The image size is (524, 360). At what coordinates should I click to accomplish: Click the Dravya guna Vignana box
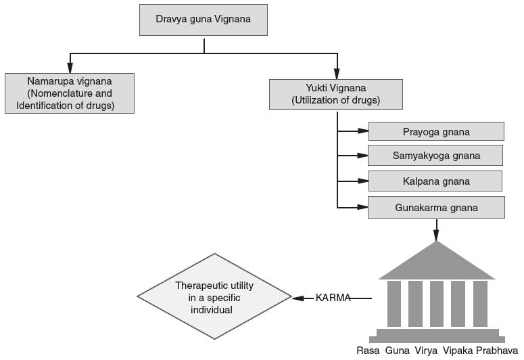pos(204,20)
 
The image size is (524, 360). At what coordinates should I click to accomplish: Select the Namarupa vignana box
pos(68,93)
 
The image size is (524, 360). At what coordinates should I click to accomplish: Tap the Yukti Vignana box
pos(335,93)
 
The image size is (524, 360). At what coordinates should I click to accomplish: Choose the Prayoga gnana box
pos(435,131)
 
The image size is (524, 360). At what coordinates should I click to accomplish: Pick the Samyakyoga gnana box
pos(435,155)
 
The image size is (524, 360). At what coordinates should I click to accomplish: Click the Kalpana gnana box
pos(435,181)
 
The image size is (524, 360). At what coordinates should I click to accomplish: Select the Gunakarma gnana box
pos(435,207)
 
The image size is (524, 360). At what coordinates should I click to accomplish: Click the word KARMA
pos(333,298)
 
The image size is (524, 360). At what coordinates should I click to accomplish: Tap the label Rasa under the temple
pos(368,351)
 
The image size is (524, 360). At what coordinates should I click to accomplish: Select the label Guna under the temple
pos(397,351)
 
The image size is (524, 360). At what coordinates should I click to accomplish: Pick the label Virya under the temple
pos(426,351)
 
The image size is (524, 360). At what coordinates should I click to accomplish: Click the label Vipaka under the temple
pos(458,351)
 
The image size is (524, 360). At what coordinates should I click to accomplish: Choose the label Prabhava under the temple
pos(497,351)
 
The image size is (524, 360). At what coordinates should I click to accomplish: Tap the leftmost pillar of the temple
pos(394,304)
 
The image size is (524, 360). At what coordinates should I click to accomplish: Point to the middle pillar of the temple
pos(437,304)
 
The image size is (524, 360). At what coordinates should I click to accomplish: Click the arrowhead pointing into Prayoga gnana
pos(363,131)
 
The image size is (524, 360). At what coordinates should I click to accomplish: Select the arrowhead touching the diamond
pos(296,298)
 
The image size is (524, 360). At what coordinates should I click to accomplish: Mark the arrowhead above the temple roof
pos(436,236)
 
